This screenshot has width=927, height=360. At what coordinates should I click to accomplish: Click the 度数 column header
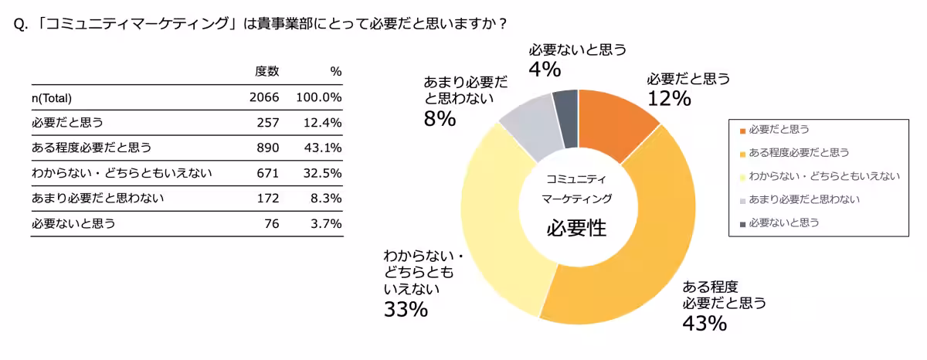[x=267, y=72]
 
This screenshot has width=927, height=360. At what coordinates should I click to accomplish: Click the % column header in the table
[x=335, y=72]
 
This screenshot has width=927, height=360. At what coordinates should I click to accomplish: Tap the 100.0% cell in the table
[x=318, y=98]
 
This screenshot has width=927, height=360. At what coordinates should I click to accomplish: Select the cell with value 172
[x=267, y=199]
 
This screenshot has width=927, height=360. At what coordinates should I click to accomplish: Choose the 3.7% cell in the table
[x=325, y=224]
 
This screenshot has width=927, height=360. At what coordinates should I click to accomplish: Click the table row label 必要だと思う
[x=67, y=123]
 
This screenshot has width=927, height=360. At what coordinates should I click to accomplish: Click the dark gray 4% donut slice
[x=566, y=118]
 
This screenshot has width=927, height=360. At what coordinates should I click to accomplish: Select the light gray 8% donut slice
[x=530, y=128]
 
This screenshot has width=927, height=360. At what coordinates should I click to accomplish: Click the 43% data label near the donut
[x=704, y=323]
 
